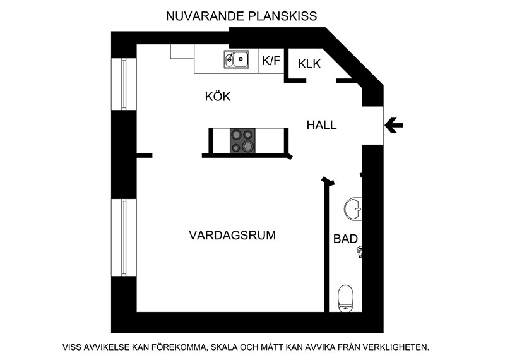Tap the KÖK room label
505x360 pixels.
pos(218,97)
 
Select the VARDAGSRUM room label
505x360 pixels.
pos(232,236)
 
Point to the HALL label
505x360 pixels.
pos(321,125)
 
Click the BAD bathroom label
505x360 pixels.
pos(345,239)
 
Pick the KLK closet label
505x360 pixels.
pos(309,64)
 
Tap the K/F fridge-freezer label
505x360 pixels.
pos(271,61)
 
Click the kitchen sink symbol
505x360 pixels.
pos(236,59)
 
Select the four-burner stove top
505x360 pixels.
pos(242,140)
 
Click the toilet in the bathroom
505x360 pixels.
pos(345,299)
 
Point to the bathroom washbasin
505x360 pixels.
pos(353,209)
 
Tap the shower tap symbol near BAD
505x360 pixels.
pos(359,251)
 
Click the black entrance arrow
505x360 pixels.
pos(393,126)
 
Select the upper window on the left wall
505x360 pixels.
pos(124,84)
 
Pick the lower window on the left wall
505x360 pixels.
pos(124,237)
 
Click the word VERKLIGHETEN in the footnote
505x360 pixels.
pos(396,347)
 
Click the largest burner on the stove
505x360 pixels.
pos(247,147)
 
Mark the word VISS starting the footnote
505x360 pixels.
pos(72,347)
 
